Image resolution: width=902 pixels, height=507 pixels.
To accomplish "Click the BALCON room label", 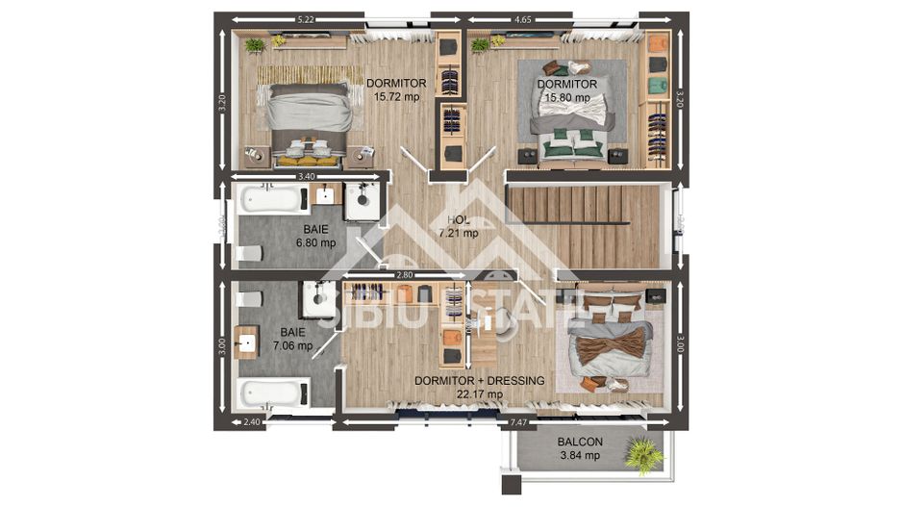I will click(580, 448).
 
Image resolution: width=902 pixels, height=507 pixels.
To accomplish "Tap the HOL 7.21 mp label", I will click(458, 226).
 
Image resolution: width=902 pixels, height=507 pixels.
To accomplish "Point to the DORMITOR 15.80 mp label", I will click(567, 90).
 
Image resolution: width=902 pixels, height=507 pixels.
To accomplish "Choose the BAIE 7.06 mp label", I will click(292, 339).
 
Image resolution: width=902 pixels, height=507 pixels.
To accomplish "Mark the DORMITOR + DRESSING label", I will click(479, 387).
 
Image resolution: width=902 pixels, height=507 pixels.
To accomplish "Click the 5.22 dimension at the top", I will click(306, 18).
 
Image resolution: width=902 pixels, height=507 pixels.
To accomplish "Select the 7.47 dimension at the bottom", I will click(517, 422).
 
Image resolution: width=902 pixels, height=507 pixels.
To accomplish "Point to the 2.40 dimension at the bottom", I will click(251, 422).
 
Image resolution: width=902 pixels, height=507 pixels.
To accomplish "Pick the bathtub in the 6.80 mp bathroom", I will click(272, 200).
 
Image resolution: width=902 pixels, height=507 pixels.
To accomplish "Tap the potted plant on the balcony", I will click(642, 454).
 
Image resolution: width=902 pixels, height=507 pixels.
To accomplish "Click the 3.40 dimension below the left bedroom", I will click(306, 177).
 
